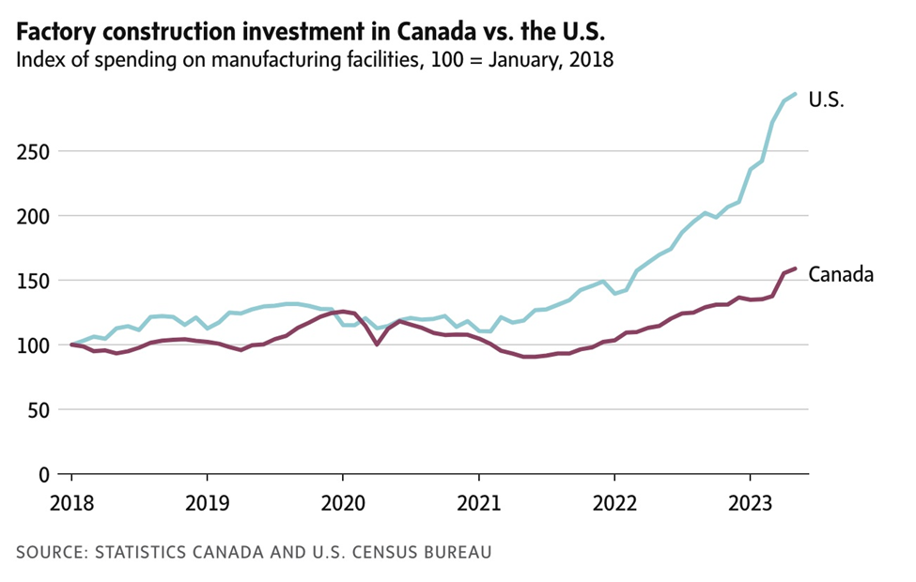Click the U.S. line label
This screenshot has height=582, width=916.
(x=827, y=100)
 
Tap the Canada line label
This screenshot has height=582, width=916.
(x=842, y=275)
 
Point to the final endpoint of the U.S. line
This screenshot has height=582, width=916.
(x=796, y=94)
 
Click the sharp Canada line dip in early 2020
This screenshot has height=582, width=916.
(x=377, y=345)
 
